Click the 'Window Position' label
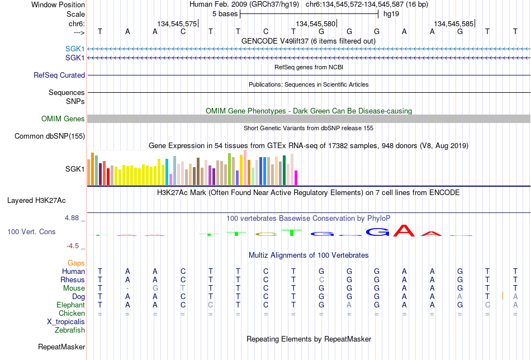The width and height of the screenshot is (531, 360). coord(58,4)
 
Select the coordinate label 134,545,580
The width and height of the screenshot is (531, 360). coord(315,23)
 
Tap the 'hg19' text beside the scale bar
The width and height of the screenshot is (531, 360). coord(391,14)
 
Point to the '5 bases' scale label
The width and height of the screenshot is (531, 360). coord(225,14)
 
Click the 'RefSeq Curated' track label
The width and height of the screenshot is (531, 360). coord(59,75)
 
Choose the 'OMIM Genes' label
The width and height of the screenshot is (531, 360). coord(63,119)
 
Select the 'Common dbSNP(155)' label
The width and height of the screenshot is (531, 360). coord(50,136)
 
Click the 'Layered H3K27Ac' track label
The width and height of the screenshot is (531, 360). coord(36,201)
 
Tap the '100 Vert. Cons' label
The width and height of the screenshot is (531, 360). coord(31,231)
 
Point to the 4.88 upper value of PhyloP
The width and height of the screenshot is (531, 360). coord(72,218)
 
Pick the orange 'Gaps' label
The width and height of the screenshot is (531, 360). coord(76,263)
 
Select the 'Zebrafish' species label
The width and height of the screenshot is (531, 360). coord(70,330)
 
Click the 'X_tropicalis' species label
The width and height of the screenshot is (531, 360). coord(66,322)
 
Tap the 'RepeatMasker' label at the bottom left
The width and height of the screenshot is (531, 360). coord(61,347)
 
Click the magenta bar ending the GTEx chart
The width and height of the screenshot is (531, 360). coord(296,178)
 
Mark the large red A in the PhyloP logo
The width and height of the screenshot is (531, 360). coord(404,230)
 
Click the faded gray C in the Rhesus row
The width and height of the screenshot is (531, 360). coord(321,280)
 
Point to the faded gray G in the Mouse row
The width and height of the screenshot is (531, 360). coord(155,288)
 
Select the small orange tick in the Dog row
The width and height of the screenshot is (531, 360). coord(503,296)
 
